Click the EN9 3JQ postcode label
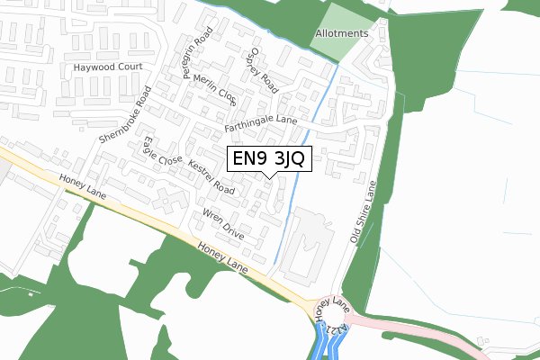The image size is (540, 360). pyautogui.click(x=268, y=159)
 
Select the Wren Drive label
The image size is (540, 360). pyautogui.click(x=223, y=224)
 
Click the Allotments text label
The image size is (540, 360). pyautogui.click(x=342, y=33)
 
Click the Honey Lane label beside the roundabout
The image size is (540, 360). pyautogui.click(x=331, y=307)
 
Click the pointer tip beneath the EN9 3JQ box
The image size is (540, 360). pyautogui.click(x=268, y=178)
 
